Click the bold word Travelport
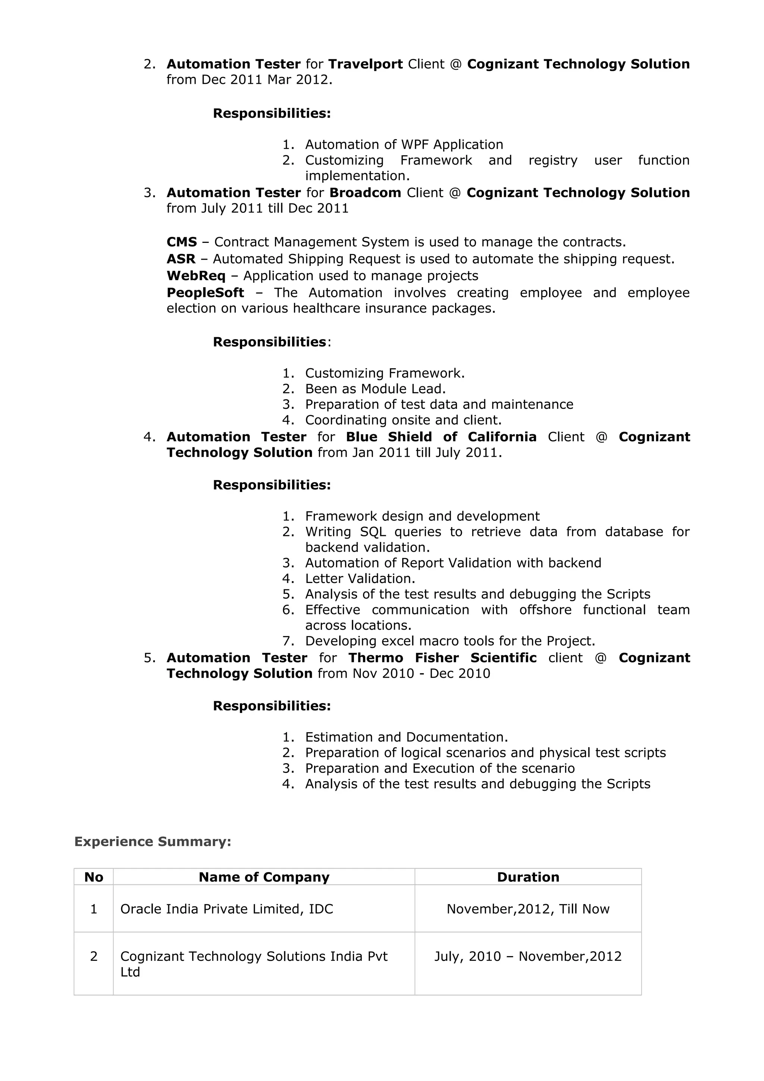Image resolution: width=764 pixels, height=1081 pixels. coord(365,64)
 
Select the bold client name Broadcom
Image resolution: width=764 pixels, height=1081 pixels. coord(365,192)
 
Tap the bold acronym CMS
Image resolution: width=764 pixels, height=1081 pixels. coord(182,242)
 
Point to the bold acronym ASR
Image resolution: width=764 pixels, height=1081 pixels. coord(181,259)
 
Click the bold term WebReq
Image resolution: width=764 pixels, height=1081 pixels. coord(196,276)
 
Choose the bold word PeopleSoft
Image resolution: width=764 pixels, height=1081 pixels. coord(205,293)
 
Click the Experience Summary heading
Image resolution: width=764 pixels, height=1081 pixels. coord(153,842)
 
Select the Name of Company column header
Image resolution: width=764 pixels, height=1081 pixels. coord(264,877)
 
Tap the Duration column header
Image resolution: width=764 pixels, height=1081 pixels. coord(528,877)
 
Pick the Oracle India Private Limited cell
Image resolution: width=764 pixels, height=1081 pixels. coord(226,909)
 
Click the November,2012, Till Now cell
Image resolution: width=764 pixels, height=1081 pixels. coord(528,909)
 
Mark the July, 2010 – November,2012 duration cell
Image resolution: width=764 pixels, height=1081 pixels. coord(528,956)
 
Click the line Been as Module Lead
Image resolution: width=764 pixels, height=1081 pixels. coord(375,389)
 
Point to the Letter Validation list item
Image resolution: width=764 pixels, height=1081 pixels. coord(360,579)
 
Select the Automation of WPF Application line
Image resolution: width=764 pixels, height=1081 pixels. coord(404,144)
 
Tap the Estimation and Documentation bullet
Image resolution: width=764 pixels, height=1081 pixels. coord(406,737)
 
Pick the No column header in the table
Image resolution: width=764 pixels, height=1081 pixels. coord(94,877)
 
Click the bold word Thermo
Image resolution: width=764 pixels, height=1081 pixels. coord(376,658)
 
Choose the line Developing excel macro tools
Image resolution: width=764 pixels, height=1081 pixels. coord(450,641)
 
